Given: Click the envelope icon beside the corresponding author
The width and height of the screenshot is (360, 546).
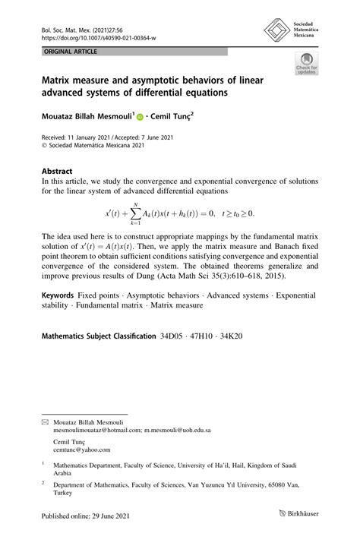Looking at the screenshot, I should [x=45, y=420].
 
